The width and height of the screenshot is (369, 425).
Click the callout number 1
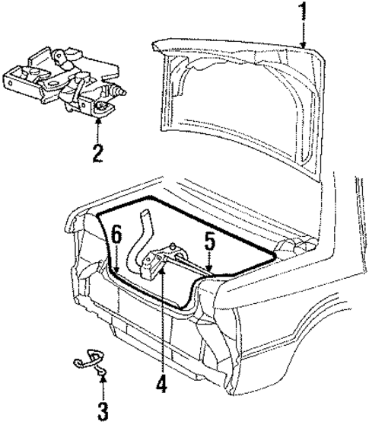pyautogui.click(x=304, y=13)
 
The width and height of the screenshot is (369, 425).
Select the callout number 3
pyautogui.click(x=102, y=412)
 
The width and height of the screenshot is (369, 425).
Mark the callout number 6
pyautogui.click(x=116, y=235)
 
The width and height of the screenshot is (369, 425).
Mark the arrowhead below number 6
pyautogui.click(x=116, y=270)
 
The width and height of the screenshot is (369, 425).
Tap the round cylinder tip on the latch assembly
pyautogui.click(x=120, y=91)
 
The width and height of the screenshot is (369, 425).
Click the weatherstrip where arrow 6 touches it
pyautogui.click(x=116, y=275)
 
